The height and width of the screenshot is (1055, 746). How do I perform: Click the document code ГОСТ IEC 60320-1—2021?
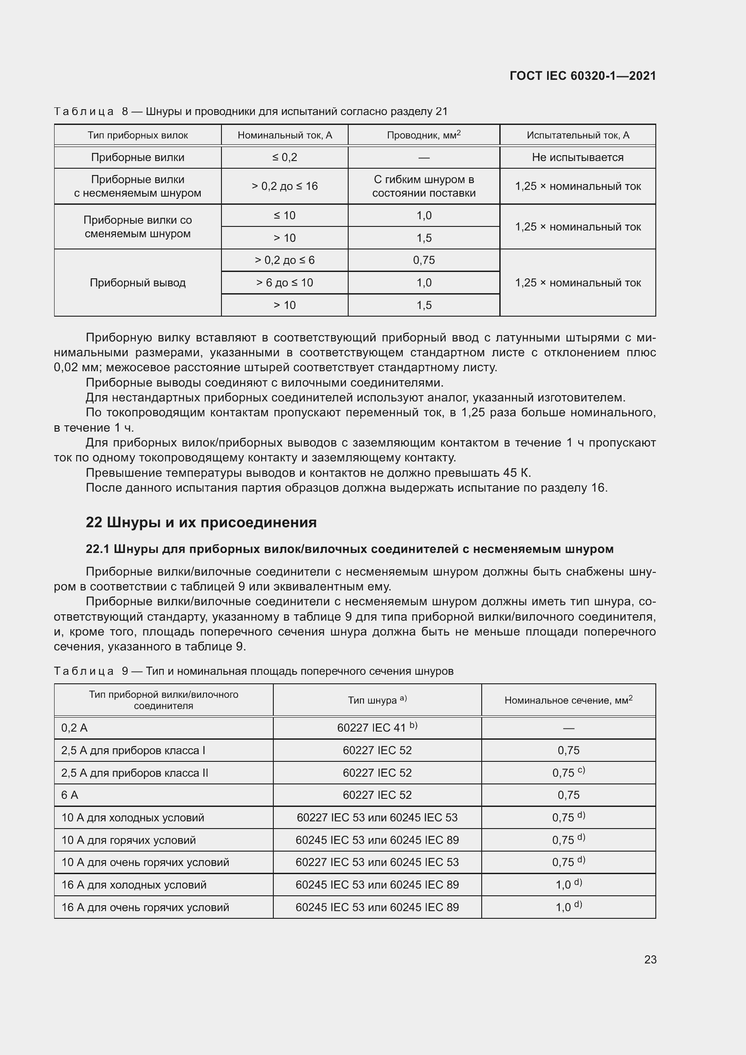click(582, 76)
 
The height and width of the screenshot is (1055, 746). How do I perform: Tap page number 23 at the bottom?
click(650, 959)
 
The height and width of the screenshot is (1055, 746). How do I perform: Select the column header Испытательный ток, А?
click(577, 135)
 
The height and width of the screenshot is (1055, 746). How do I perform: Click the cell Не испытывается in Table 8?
click(577, 157)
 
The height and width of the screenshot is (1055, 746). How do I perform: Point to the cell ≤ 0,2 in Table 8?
click(284, 157)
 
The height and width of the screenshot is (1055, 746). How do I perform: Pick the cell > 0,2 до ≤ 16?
click(284, 186)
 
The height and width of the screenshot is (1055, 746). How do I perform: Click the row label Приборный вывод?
click(138, 283)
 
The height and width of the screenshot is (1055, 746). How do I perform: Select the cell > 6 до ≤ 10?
click(284, 283)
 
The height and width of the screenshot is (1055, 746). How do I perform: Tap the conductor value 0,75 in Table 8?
click(424, 260)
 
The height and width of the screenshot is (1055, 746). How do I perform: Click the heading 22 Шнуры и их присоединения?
click(201, 522)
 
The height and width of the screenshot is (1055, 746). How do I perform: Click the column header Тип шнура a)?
click(377, 700)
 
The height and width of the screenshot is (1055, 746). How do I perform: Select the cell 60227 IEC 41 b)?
click(377, 728)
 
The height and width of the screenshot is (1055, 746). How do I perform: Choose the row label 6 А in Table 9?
click(70, 795)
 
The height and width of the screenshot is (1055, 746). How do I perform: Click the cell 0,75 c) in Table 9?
click(568, 772)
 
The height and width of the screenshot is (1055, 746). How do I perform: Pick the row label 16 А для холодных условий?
click(134, 885)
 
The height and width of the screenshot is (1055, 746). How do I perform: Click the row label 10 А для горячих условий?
click(129, 840)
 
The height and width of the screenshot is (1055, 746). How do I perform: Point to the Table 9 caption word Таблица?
click(83, 671)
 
